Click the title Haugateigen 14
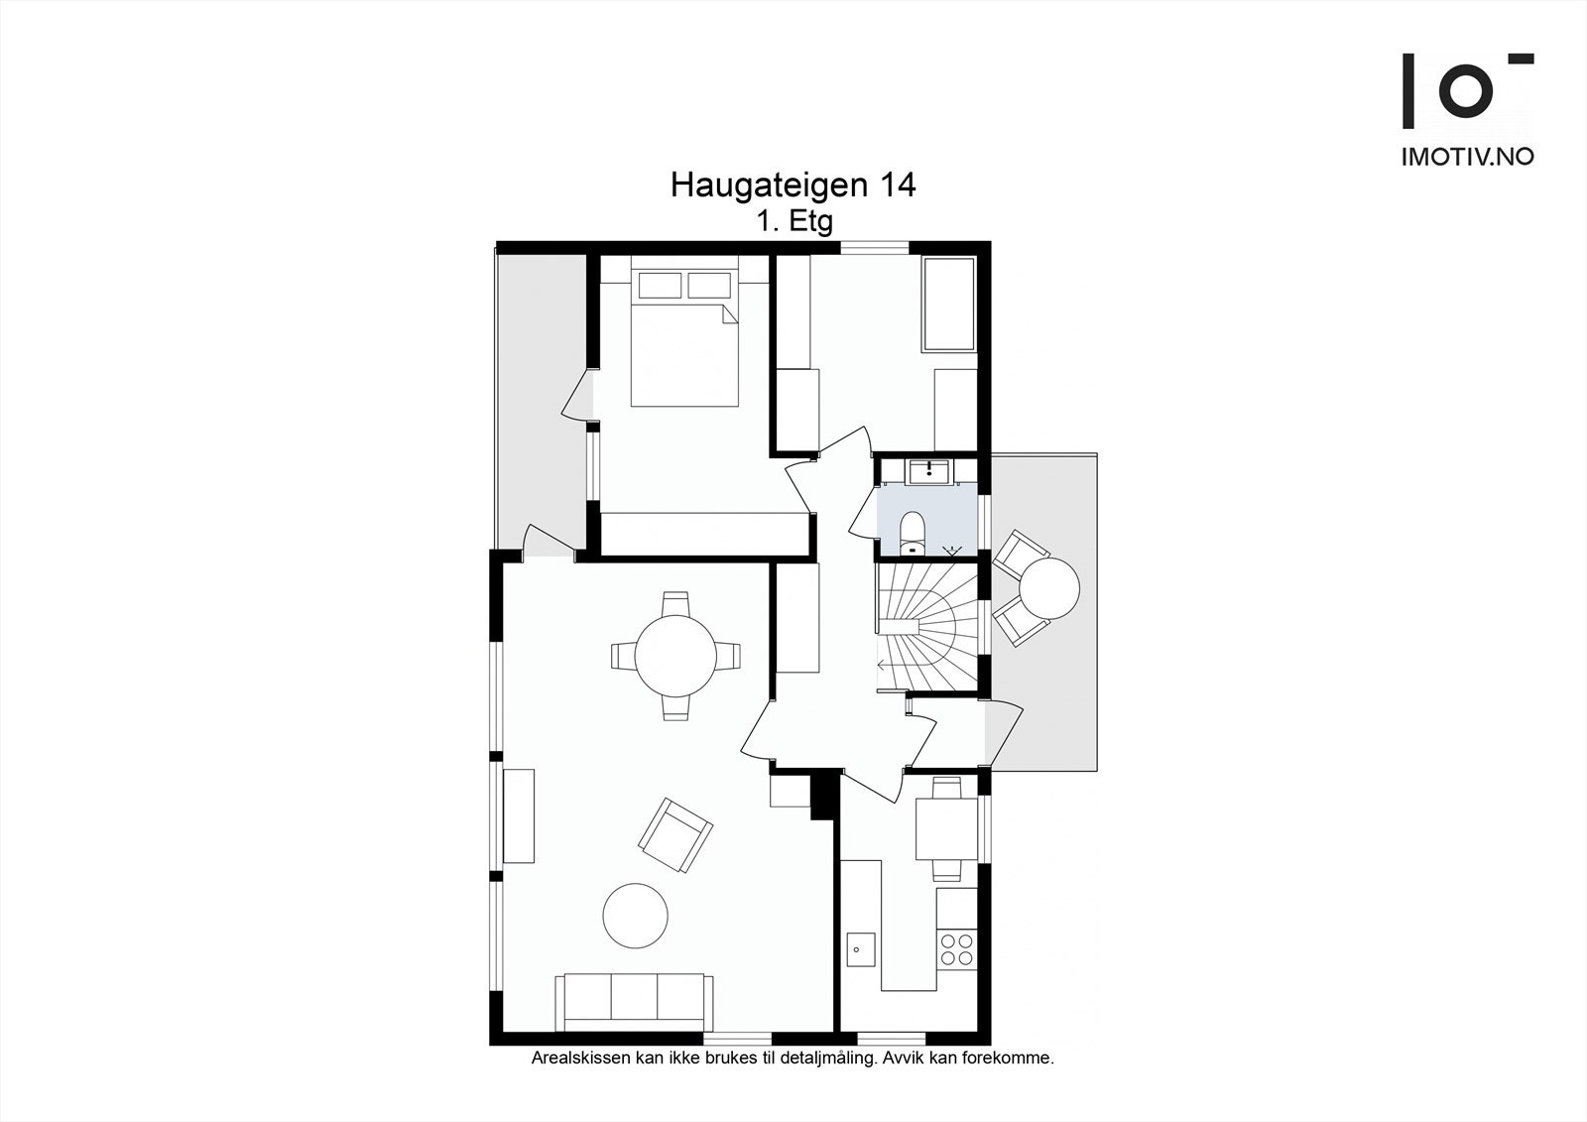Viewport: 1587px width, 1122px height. [x=793, y=186]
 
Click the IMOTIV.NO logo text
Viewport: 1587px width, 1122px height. [x=1467, y=157]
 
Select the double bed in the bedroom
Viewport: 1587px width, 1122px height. [x=684, y=342]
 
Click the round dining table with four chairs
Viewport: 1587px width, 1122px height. [x=675, y=656]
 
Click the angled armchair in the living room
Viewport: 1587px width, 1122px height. [x=675, y=835]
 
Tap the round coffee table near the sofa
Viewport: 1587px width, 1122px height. [x=636, y=916]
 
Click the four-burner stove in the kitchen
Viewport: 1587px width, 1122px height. [x=957, y=948]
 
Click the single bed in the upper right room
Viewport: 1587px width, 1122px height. [x=949, y=304]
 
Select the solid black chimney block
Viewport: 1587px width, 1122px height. [x=823, y=797]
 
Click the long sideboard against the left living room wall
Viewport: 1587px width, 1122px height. [x=519, y=815]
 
